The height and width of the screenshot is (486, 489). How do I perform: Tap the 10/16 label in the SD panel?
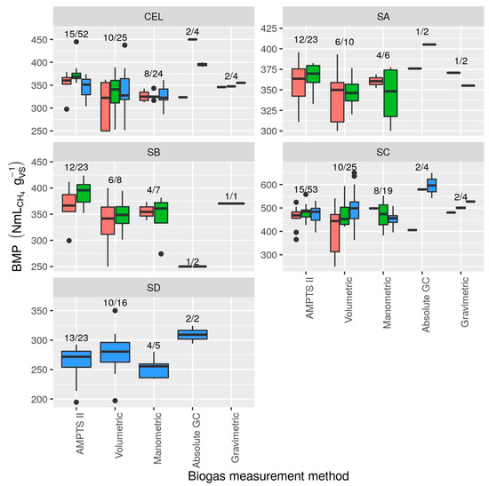(x=115, y=304)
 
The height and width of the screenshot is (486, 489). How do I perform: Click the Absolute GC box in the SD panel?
(x=192, y=335)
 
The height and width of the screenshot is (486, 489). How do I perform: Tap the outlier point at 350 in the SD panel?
(x=115, y=311)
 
